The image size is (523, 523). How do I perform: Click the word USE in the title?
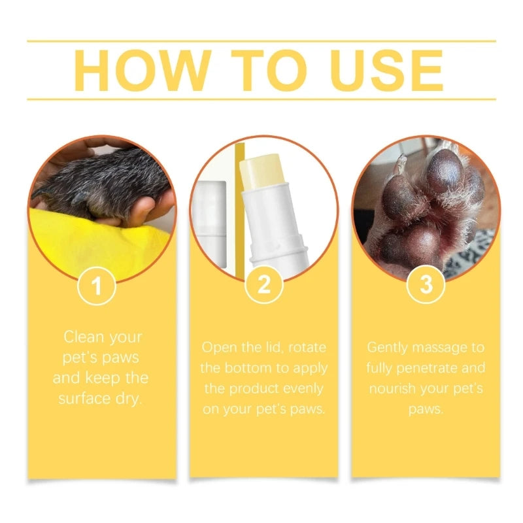click(x=379, y=70)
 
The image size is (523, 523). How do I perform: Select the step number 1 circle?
click(x=97, y=286)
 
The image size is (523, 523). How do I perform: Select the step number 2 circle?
click(x=263, y=286)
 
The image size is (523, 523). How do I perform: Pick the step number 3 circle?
click(x=426, y=286)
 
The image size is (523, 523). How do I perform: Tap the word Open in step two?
click(x=219, y=347)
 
